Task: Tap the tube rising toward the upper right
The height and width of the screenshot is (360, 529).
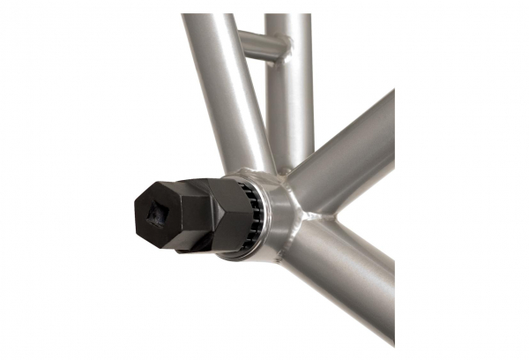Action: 353,150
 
